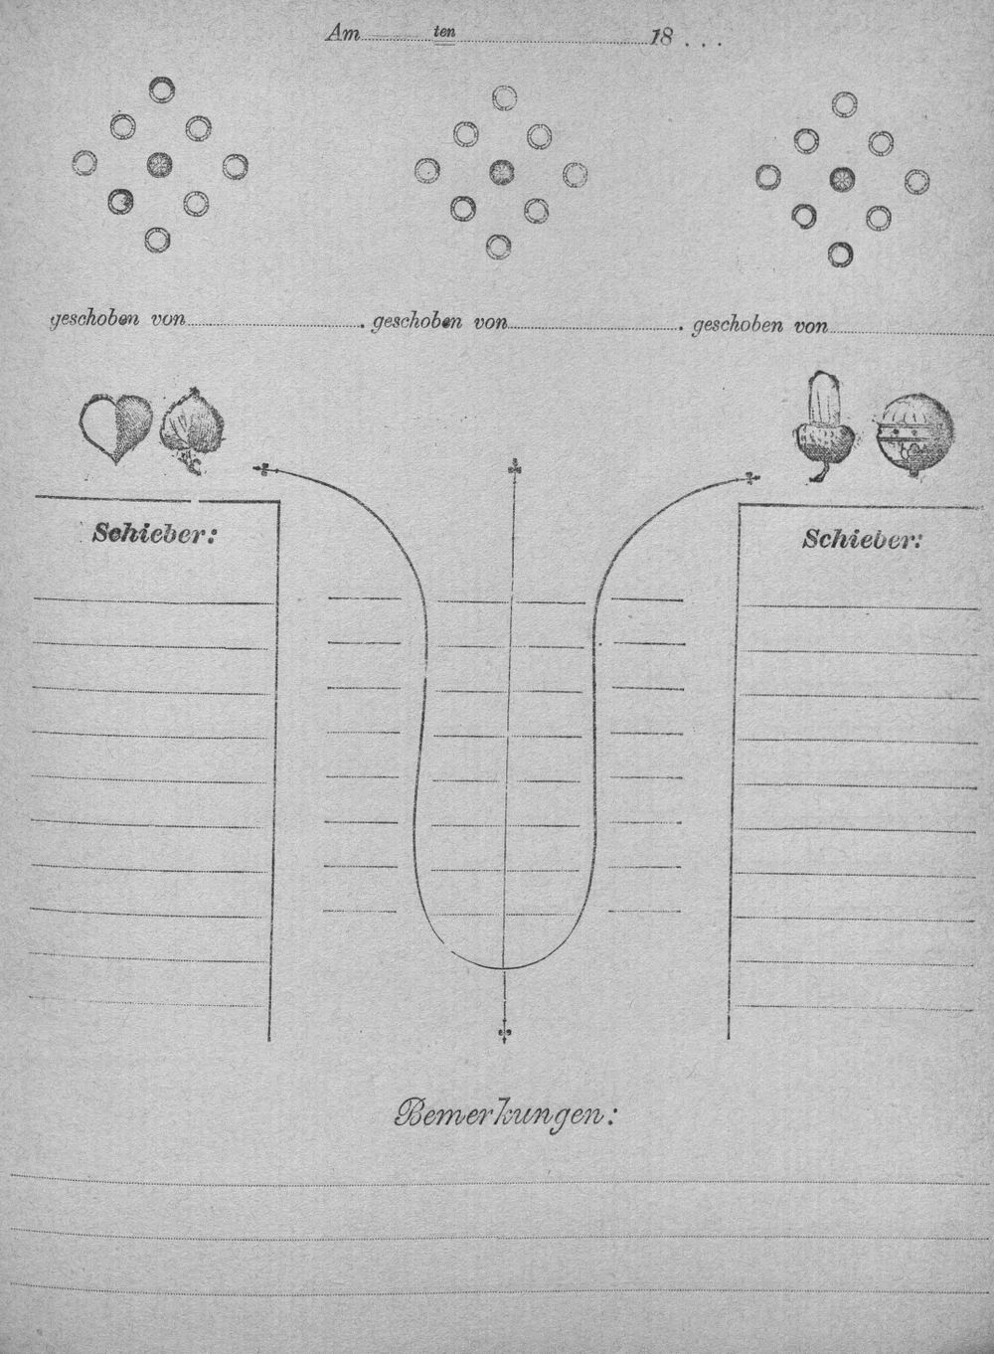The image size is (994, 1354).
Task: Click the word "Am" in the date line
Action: click(x=342, y=34)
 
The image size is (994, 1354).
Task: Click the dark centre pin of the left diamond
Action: click(x=160, y=164)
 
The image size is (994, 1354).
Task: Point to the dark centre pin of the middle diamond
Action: click(x=502, y=172)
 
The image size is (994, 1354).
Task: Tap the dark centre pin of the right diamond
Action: click(x=842, y=178)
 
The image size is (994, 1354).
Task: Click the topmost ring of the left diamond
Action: click(x=161, y=89)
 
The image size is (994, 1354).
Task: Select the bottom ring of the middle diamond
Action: click(x=499, y=247)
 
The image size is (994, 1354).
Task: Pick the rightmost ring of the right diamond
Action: click(x=916, y=181)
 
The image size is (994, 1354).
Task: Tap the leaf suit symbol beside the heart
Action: click(x=193, y=430)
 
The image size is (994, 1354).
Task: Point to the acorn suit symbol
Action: click(x=823, y=426)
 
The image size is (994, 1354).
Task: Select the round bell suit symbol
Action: click(x=913, y=435)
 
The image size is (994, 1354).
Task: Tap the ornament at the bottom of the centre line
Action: click(x=503, y=1036)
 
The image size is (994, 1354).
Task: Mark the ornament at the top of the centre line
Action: click(x=513, y=467)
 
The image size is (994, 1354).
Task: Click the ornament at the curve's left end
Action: click(x=263, y=469)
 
